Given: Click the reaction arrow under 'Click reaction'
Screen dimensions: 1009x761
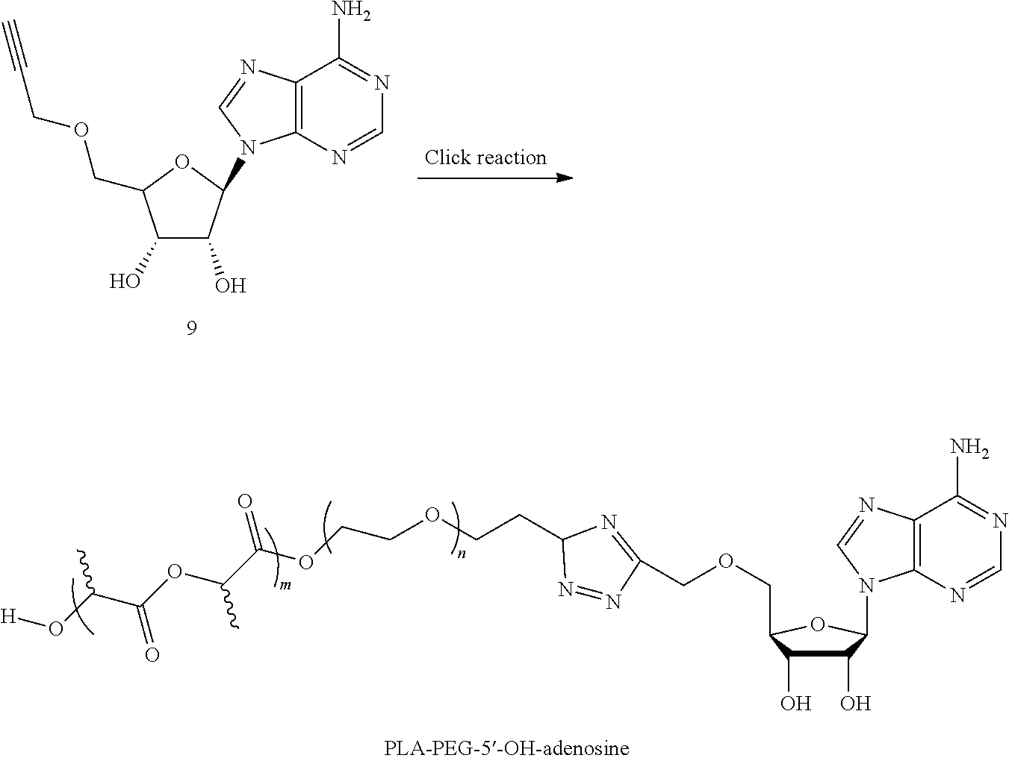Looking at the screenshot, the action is tap(495, 178).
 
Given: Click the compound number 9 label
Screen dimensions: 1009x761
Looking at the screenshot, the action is tap(192, 328).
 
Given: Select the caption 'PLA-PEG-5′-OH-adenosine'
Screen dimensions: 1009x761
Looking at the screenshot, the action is tap(506, 748).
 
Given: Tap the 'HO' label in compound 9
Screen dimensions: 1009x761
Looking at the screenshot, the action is tap(125, 281).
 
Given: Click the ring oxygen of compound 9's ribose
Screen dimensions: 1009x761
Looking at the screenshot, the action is tap(182, 162).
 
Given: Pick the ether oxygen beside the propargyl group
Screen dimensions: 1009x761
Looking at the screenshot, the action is tap(81, 130).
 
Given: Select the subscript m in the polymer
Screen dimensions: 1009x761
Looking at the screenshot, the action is tap(285, 586).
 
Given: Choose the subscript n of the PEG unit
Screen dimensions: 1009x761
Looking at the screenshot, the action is tap(462, 554).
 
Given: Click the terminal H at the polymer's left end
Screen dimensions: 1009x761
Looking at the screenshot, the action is tap(8, 616).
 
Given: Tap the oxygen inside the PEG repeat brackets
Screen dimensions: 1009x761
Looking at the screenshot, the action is tap(432, 516).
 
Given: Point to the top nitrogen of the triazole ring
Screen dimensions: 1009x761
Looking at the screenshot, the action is tap(609, 522).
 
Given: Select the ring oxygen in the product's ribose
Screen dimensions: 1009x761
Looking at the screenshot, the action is tap(817, 624).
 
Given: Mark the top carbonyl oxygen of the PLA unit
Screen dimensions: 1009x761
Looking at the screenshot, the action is tap(245, 501).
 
